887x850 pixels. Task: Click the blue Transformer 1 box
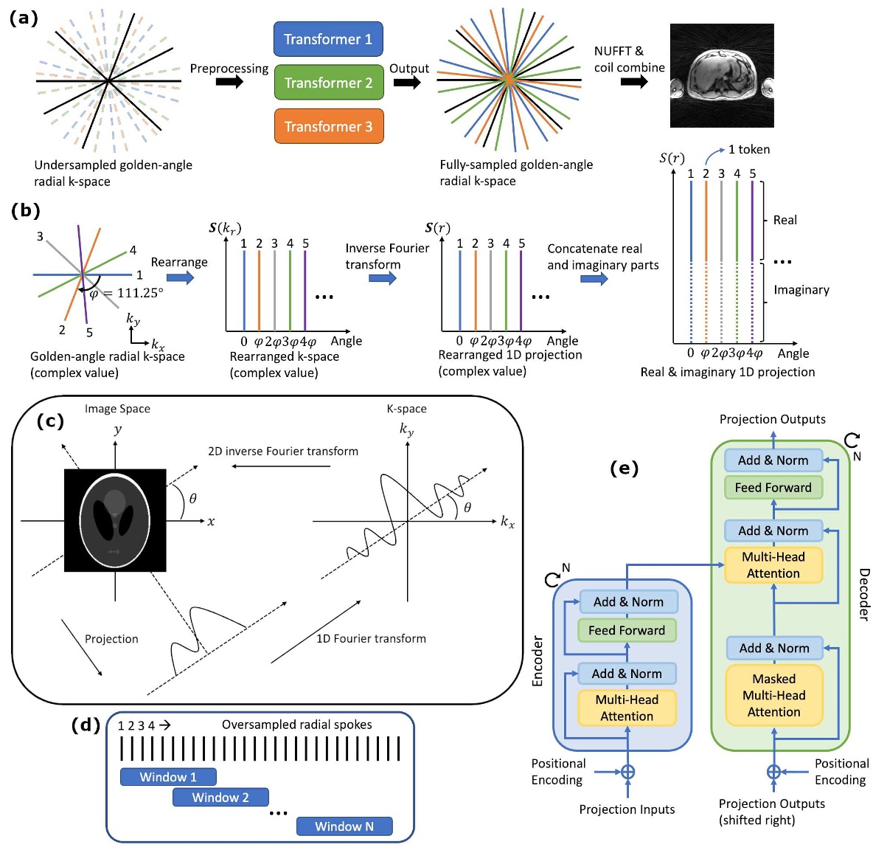[x=328, y=39]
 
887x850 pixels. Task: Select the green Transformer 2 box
[x=328, y=82]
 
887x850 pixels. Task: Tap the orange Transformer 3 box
[x=328, y=126]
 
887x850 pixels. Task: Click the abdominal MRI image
[x=721, y=75]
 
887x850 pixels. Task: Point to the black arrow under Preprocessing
[x=229, y=82]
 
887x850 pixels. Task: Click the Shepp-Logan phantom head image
[x=115, y=520]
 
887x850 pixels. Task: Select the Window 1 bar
[x=168, y=776]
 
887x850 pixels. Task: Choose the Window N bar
[x=344, y=826]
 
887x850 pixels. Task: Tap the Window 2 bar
[x=220, y=797]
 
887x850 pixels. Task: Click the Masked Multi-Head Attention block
[x=773, y=695]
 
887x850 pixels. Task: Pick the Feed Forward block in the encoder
[x=627, y=630]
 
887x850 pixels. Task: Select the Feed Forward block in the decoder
[x=773, y=487]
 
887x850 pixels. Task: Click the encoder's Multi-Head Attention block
[x=627, y=708]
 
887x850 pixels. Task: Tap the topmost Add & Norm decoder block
[x=773, y=460]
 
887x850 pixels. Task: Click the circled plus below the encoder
[x=627, y=772]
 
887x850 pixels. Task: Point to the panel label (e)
[x=624, y=469]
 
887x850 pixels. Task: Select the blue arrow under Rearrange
[x=180, y=277]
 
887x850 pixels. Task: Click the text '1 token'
[x=748, y=150]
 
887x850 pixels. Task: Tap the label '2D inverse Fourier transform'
[x=283, y=451]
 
